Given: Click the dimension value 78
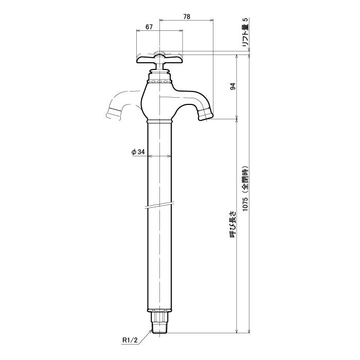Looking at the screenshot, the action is click(x=187, y=17).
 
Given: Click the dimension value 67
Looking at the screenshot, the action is click(x=149, y=27).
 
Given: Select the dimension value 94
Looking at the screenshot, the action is click(x=233, y=86).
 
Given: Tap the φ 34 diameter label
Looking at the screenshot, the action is click(x=138, y=152).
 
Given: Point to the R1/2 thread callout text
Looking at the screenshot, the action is click(x=130, y=347).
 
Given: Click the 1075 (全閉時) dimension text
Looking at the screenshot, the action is click(x=245, y=188).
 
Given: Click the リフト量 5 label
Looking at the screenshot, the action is click(x=245, y=32).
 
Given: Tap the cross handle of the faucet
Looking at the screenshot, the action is click(x=159, y=59).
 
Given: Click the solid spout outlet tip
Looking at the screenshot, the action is click(x=206, y=114).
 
